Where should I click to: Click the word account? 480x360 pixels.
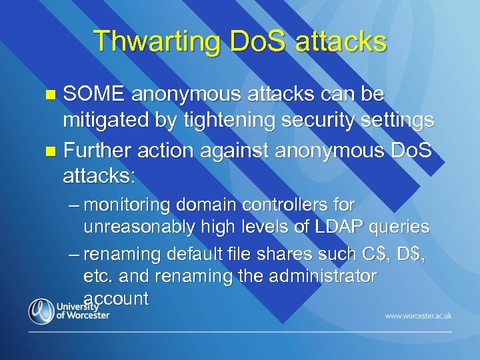tap(116, 299)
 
